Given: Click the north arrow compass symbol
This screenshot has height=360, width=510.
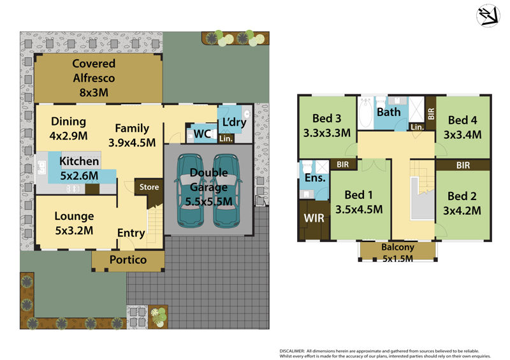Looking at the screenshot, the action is pyautogui.click(x=488, y=15).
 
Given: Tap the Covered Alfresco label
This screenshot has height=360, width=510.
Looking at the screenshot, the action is pyautogui.click(x=94, y=71).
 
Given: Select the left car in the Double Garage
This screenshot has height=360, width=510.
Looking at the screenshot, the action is pyautogui.click(x=191, y=191).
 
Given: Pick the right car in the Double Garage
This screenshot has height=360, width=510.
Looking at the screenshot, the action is pyautogui.click(x=227, y=191).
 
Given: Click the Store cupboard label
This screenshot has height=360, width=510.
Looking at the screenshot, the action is pyautogui.click(x=149, y=187).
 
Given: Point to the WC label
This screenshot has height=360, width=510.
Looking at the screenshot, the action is pyautogui.click(x=203, y=134).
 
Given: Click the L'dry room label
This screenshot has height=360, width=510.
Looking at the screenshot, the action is pyautogui.click(x=234, y=122).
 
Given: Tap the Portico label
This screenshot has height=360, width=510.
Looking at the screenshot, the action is pyautogui.click(x=128, y=259).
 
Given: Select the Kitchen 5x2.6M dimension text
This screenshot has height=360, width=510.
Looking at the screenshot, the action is pyautogui.click(x=79, y=176).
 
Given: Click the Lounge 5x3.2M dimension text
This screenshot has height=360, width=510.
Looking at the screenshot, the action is pyautogui.click(x=74, y=231).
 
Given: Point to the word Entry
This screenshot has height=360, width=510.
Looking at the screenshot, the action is pyautogui.click(x=131, y=233).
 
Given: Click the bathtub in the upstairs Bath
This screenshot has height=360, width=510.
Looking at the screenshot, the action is pyautogui.click(x=366, y=112).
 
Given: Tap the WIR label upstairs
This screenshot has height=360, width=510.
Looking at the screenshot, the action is pyautogui.click(x=314, y=218).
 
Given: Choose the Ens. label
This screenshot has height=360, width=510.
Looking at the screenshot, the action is pyautogui.click(x=315, y=178).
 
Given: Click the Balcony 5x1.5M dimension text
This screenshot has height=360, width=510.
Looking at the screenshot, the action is pyautogui.click(x=397, y=259).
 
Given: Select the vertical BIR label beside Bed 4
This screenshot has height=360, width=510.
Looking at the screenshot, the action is pyautogui.click(x=431, y=114).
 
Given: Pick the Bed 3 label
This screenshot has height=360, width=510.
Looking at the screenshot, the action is pyautogui.click(x=326, y=118).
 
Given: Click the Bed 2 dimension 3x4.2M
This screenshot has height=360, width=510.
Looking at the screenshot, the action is pyautogui.click(x=462, y=211).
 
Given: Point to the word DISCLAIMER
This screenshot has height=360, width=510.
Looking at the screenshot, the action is pyautogui.click(x=292, y=351).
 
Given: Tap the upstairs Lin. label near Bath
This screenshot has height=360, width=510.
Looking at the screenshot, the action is pyautogui.click(x=417, y=127).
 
